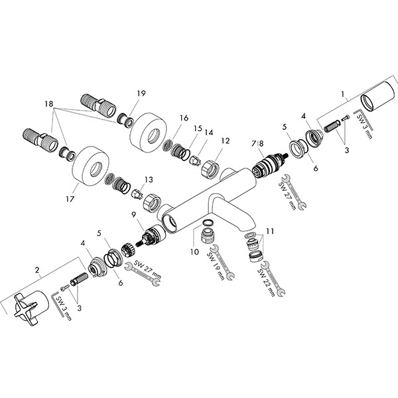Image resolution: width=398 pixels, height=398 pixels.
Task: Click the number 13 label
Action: click(x=147, y=180)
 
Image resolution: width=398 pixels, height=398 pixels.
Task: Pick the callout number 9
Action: click(x=134, y=214)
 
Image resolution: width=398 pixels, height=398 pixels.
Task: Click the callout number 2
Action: click(x=37, y=271)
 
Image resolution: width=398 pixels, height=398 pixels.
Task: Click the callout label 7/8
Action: click(x=257, y=143)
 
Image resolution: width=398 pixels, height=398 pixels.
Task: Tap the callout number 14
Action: click(x=208, y=132)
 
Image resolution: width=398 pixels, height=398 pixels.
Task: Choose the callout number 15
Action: click(x=196, y=128)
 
